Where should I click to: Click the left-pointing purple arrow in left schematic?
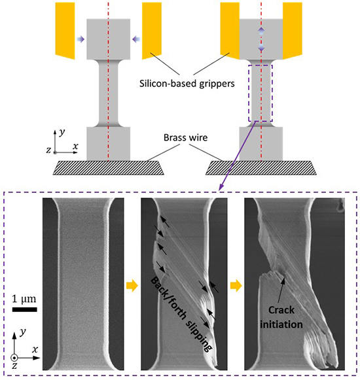point(135,41)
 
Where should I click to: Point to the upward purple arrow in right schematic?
point(261,31)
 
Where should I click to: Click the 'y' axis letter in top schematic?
point(60,131)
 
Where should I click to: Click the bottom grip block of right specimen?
point(261,143)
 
